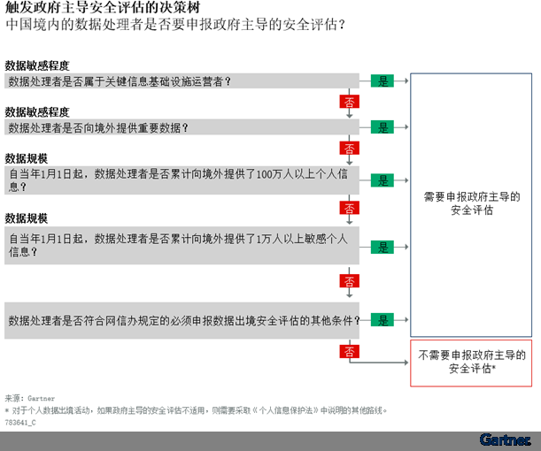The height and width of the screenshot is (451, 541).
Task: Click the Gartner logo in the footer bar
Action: (x=505, y=440)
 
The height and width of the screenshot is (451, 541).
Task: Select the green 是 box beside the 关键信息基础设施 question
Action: (x=383, y=81)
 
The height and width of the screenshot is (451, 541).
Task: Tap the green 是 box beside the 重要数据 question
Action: (x=383, y=127)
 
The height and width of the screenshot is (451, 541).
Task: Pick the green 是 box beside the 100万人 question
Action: (x=383, y=180)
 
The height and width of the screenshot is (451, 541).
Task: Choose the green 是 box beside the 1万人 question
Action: (x=383, y=247)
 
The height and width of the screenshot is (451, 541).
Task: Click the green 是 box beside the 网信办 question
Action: (x=383, y=320)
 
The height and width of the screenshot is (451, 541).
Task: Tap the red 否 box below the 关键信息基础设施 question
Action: (x=350, y=102)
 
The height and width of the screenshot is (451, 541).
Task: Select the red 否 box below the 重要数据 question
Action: (x=350, y=149)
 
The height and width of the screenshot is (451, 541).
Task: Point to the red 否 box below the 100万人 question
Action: (x=350, y=208)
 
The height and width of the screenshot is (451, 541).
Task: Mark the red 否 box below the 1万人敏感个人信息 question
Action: (x=350, y=281)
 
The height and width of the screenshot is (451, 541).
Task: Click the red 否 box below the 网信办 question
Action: (x=350, y=351)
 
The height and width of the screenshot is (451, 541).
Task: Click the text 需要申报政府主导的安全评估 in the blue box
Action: (x=472, y=203)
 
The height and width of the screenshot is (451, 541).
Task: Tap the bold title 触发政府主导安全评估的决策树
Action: (x=103, y=7)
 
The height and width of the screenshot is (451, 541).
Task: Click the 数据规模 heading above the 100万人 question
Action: (x=27, y=158)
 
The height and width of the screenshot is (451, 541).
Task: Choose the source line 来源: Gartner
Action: (x=30, y=398)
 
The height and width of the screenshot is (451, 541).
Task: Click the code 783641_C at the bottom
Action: (x=20, y=423)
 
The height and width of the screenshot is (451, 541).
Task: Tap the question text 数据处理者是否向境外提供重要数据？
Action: (x=98, y=128)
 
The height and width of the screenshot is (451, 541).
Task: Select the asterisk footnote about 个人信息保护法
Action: (x=196, y=410)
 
